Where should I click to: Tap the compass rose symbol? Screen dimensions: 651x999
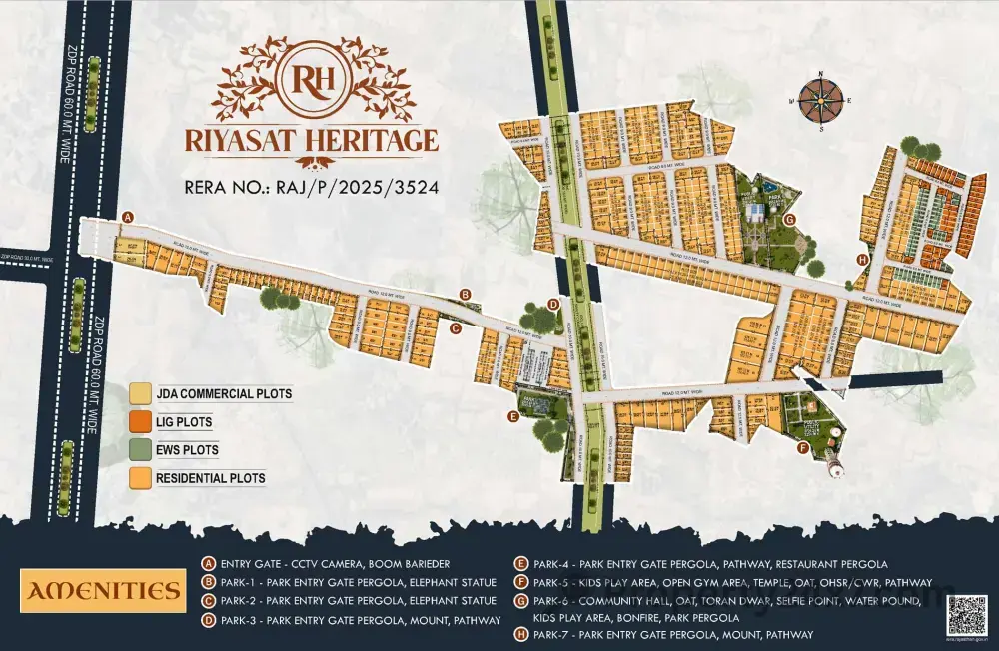pyautogui.click(x=819, y=101)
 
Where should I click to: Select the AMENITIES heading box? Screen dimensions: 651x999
pyautogui.click(x=102, y=591)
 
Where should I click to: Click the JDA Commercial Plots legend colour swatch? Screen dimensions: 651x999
pyautogui.click(x=140, y=394)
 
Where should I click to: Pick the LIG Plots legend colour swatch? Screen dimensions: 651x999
pyautogui.click(x=140, y=422)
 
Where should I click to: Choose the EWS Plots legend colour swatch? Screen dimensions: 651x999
pyautogui.click(x=140, y=450)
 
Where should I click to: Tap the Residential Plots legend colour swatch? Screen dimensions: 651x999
pyautogui.click(x=140, y=478)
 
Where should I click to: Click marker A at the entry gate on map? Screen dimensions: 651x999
pyautogui.click(x=127, y=217)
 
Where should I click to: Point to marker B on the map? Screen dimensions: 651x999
pyautogui.click(x=465, y=294)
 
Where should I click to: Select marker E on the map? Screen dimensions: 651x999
pyautogui.click(x=513, y=418)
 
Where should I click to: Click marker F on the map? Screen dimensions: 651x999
pyautogui.click(x=802, y=448)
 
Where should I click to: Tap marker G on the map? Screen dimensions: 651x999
pyautogui.click(x=789, y=220)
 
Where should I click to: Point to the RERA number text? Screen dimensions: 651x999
pyautogui.click(x=313, y=186)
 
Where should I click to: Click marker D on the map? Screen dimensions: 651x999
pyautogui.click(x=553, y=305)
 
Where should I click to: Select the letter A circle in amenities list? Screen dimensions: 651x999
pyautogui.click(x=208, y=564)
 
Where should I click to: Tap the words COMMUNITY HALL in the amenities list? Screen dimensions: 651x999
pyautogui.click(x=622, y=601)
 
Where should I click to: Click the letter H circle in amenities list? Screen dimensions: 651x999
pyautogui.click(x=520, y=634)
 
